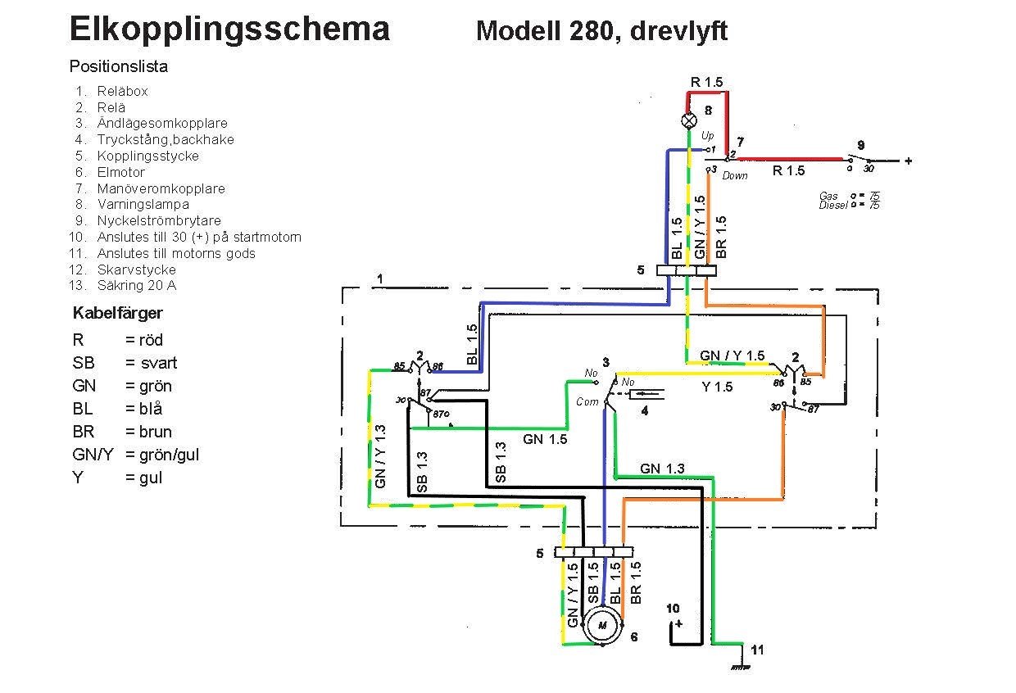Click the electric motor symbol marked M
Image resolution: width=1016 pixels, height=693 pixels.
(x=603, y=627)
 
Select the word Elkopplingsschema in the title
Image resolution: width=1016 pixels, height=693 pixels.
(x=229, y=29)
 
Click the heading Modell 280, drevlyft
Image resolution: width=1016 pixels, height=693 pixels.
(x=601, y=31)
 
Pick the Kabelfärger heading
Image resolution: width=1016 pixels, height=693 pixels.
(x=118, y=313)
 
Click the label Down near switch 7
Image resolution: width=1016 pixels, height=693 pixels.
(x=735, y=175)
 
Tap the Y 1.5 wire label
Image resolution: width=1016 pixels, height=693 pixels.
(x=718, y=387)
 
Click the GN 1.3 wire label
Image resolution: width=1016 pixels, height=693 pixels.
(x=662, y=469)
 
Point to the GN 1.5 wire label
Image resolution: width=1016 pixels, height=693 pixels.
(x=545, y=439)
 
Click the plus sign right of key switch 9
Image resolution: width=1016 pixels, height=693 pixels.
(x=908, y=161)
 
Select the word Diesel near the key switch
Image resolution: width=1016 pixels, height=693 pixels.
(x=832, y=205)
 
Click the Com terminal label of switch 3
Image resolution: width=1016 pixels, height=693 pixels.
(x=587, y=401)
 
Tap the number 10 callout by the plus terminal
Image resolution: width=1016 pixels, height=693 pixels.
(x=673, y=609)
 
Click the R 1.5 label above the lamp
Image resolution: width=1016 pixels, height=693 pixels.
(x=706, y=81)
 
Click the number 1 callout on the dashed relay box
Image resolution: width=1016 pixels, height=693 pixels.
(x=379, y=279)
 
